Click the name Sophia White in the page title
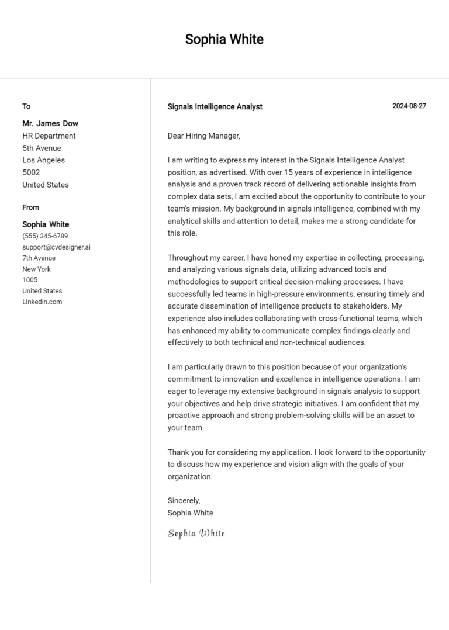coord(224,39)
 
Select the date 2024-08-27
coord(409,106)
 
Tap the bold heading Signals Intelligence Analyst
coord(215,106)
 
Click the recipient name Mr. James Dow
coord(50,123)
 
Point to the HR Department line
coord(49,136)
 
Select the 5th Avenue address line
coord(42,148)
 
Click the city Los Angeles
coord(43,160)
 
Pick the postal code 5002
coord(31,172)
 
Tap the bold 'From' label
coord(31,207)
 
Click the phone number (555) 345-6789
coord(45,236)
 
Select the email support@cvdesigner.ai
coord(56,247)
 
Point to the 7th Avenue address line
coord(39,258)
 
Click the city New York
coord(36,269)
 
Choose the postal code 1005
coord(30,280)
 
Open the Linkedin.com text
coord(42,302)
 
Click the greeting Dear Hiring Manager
coord(203,136)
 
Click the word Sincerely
coord(184,500)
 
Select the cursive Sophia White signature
coord(196,533)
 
